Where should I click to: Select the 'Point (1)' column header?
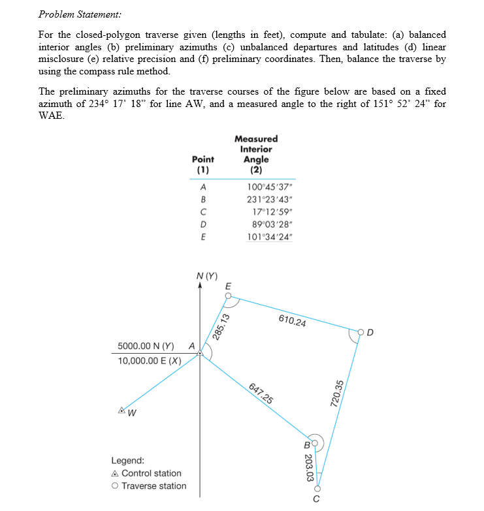click(x=203, y=164)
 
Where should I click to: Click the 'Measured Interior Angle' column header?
click(x=255, y=154)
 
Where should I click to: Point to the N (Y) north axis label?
click(x=207, y=275)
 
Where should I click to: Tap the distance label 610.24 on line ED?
click(x=293, y=320)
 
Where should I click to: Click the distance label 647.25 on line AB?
click(x=261, y=393)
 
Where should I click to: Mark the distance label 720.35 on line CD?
click(x=338, y=393)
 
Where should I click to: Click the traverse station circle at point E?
click(x=227, y=296)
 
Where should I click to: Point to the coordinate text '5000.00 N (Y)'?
click(x=146, y=345)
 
